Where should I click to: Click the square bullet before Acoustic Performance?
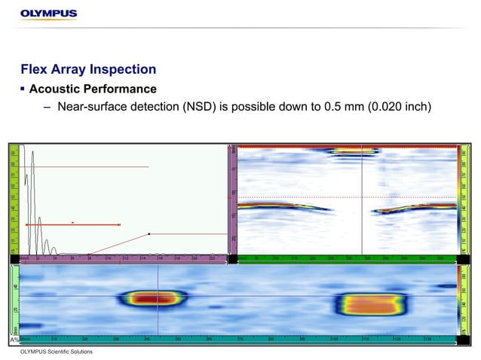point(23,90)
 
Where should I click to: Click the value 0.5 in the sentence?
point(332,107)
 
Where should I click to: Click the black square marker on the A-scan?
point(149,234)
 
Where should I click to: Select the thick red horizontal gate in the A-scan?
point(73,225)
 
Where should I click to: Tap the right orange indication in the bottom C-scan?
point(370,304)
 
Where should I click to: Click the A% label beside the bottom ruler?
point(15,340)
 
